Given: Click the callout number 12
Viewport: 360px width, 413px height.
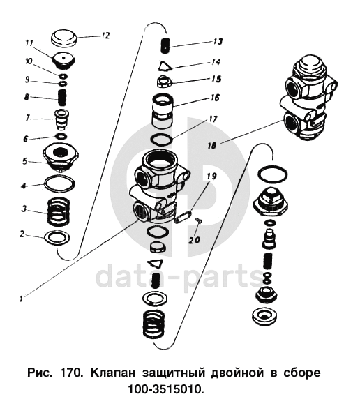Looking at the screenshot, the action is [105, 36].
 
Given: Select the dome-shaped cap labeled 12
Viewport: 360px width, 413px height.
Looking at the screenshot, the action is [63, 38].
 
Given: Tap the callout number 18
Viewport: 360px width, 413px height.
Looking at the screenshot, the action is [211, 145].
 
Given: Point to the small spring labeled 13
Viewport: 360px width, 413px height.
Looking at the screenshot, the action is [165, 45].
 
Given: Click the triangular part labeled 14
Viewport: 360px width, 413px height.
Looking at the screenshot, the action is [165, 66].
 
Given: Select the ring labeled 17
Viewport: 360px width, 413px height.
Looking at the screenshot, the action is [162, 139].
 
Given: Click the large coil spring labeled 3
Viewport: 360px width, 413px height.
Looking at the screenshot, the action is [59, 212].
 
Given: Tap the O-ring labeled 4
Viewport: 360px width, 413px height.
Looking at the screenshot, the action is [59, 184].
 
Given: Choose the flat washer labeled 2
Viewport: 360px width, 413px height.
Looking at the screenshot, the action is [58, 237].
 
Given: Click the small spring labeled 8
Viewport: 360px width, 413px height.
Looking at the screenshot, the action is [62, 98].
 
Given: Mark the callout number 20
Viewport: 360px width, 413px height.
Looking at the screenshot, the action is [195, 240].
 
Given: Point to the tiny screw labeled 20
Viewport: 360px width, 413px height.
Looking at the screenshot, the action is [197, 220].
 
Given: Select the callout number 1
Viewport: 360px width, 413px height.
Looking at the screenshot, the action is [21, 299].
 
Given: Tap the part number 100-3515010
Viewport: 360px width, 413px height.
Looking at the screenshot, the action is [165, 389].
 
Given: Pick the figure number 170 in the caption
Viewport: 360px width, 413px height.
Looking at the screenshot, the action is [70, 373].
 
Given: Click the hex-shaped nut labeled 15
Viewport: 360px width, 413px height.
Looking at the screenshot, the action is [165, 82].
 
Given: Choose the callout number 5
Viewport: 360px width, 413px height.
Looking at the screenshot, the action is [24, 161].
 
